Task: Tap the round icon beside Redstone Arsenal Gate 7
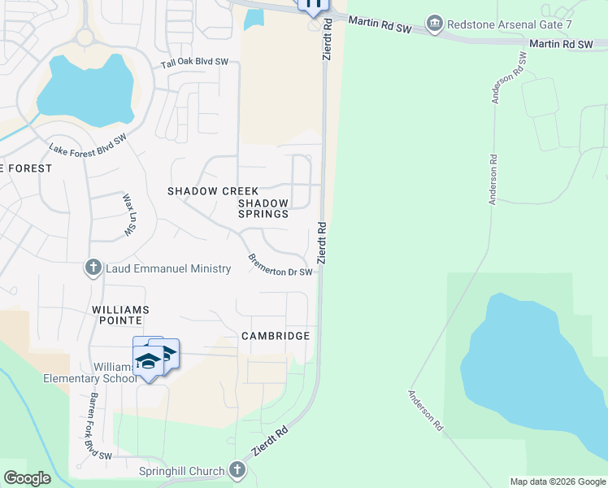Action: pos(436,23)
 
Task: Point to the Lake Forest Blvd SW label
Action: pos(89,146)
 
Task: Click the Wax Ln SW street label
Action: pos(128,215)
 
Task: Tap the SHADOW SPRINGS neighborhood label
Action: pos(263,208)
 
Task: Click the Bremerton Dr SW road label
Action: pos(280,265)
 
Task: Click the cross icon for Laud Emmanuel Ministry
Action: pos(93,268)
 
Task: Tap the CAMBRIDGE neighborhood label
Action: pos(276,336)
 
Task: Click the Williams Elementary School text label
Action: pos(89,372)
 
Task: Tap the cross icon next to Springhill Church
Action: pos(237,470)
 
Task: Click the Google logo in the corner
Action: pos(28,478)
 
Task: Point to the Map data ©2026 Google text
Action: pos(557,481)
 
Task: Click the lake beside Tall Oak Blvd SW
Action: pos(85,91)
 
